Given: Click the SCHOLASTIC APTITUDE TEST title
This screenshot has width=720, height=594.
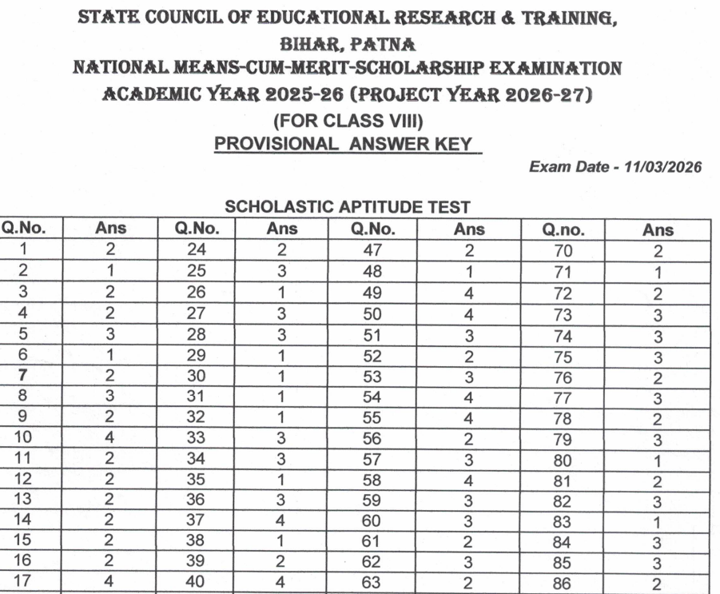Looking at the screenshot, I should point(347,207).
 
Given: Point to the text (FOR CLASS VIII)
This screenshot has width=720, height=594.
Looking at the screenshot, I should point(348,122).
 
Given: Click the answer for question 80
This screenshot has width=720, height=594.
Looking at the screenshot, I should point(658,460).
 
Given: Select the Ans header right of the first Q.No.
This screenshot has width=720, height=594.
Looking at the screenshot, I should point(110,229).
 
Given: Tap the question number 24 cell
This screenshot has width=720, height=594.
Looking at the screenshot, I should point(196,250).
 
